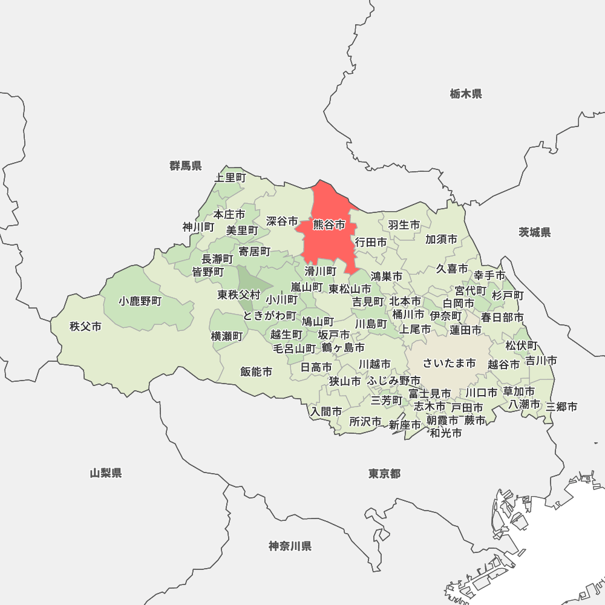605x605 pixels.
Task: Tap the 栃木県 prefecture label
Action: (466, 94)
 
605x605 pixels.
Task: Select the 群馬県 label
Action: (186, 166)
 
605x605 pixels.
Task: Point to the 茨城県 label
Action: (535, 232)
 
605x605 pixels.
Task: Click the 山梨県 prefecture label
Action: (106, 473)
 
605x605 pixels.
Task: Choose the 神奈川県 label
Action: (290, 546)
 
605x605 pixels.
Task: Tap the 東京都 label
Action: (384, 473)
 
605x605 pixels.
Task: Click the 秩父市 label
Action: (85, 327)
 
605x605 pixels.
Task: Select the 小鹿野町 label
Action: (140, 301)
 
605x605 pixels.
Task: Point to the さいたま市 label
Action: (449, 363)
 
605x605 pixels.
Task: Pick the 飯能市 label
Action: (256, 371)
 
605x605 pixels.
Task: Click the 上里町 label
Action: (231, 177)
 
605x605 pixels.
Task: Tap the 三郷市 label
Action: (561, 407)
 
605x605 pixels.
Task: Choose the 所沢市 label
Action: (365, 422)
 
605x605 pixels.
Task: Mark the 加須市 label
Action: (441, 239)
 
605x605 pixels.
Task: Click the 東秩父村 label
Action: (239, 295)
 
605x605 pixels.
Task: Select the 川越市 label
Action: (374, 364)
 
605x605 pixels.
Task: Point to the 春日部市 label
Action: (502, 317)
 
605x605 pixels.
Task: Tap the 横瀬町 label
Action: (227, 336)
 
